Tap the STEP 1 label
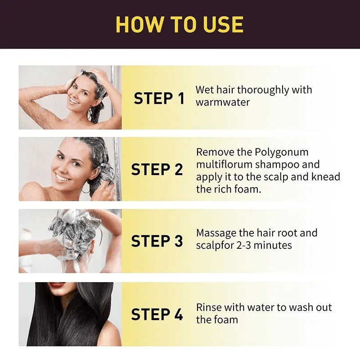[159, 98]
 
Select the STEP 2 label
[157, 170]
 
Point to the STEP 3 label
[157, 241]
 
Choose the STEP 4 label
[157, 314]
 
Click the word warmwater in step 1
[222, 102]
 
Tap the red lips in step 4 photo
[57, 285]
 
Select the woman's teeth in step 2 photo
[63, 177]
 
